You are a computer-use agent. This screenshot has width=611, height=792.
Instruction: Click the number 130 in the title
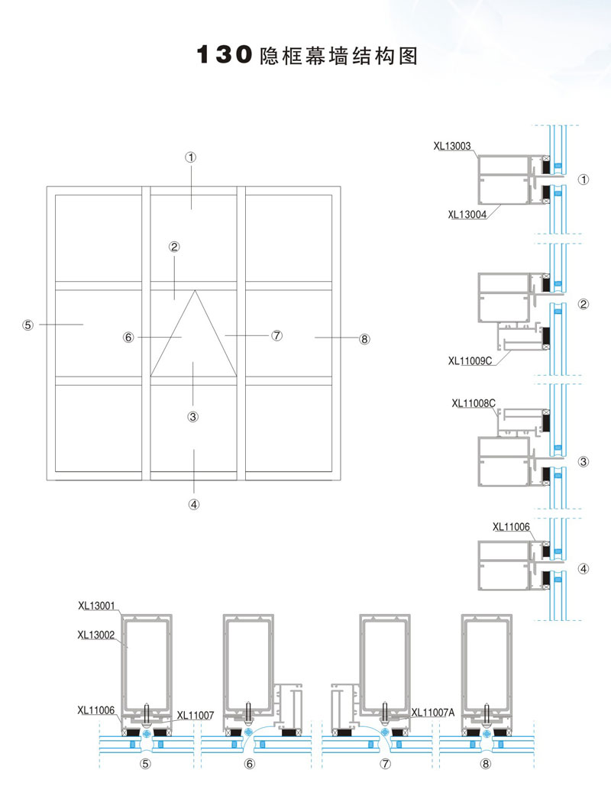coord(225,56)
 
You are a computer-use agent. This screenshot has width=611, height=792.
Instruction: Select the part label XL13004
coord(467,214)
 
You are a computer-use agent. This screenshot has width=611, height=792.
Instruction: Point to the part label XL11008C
coord(474,402)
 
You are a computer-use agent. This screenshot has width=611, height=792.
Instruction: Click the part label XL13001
coord(97,607)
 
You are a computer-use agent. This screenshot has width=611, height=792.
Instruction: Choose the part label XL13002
coord(97,634)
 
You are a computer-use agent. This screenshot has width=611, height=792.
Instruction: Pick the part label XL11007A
coord(433,713)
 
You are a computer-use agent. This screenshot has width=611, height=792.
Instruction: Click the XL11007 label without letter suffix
coord(196,716)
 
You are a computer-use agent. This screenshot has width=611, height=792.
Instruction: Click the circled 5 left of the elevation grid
coord(28,325)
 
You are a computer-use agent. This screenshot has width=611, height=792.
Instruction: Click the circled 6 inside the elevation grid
coord(128,337)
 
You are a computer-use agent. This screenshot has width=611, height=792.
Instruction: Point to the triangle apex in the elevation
coord(195,290)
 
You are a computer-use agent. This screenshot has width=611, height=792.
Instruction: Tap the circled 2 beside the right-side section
coord(584,304)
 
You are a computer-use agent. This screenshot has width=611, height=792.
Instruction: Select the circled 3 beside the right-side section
coord(584,461)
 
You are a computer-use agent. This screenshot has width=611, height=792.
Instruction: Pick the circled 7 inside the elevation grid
coord(277,335)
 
